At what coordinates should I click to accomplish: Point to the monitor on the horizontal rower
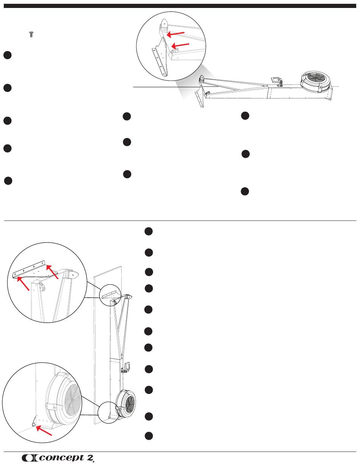pos(277,81)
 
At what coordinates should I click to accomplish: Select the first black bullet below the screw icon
pos(7,55)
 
